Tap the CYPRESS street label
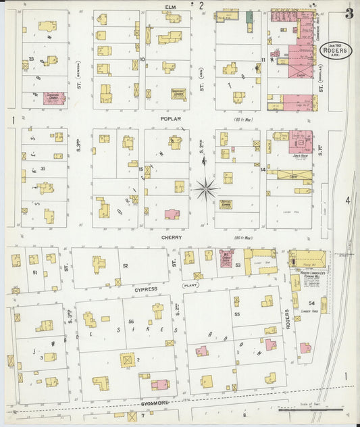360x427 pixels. (x=145, y=288)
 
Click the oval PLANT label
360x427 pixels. (x=190, y=286)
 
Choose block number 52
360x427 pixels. (x=126, y=266)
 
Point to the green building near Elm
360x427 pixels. (x=250, y=16)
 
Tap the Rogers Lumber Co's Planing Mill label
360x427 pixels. (x=310, y=274)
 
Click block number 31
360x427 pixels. (x=42, y=169)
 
